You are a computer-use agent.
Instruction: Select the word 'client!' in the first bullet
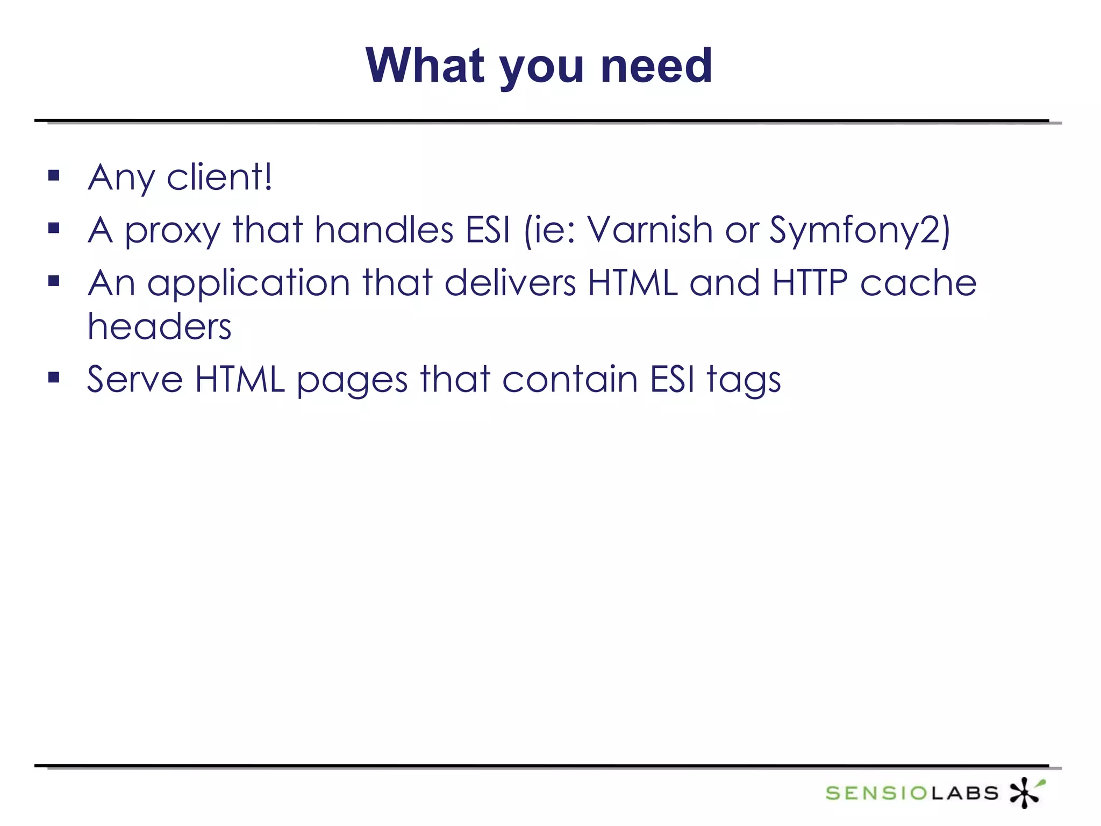[219, 177]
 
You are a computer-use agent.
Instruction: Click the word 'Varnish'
[649, 230]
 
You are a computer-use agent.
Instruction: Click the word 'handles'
[384, 230]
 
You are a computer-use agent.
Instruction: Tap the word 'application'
[248, 284]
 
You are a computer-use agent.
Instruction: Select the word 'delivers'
[510, 283]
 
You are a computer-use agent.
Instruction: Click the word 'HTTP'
[810, 283]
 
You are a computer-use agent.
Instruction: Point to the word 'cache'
[918, 283]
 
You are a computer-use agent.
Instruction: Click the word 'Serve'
[135, 379]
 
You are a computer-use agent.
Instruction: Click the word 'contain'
[570, 379]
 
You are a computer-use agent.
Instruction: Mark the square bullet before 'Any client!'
[54, 175]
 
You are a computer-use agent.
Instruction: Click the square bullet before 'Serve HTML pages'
[54, 377]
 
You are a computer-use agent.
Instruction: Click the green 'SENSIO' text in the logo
[876, 793]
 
